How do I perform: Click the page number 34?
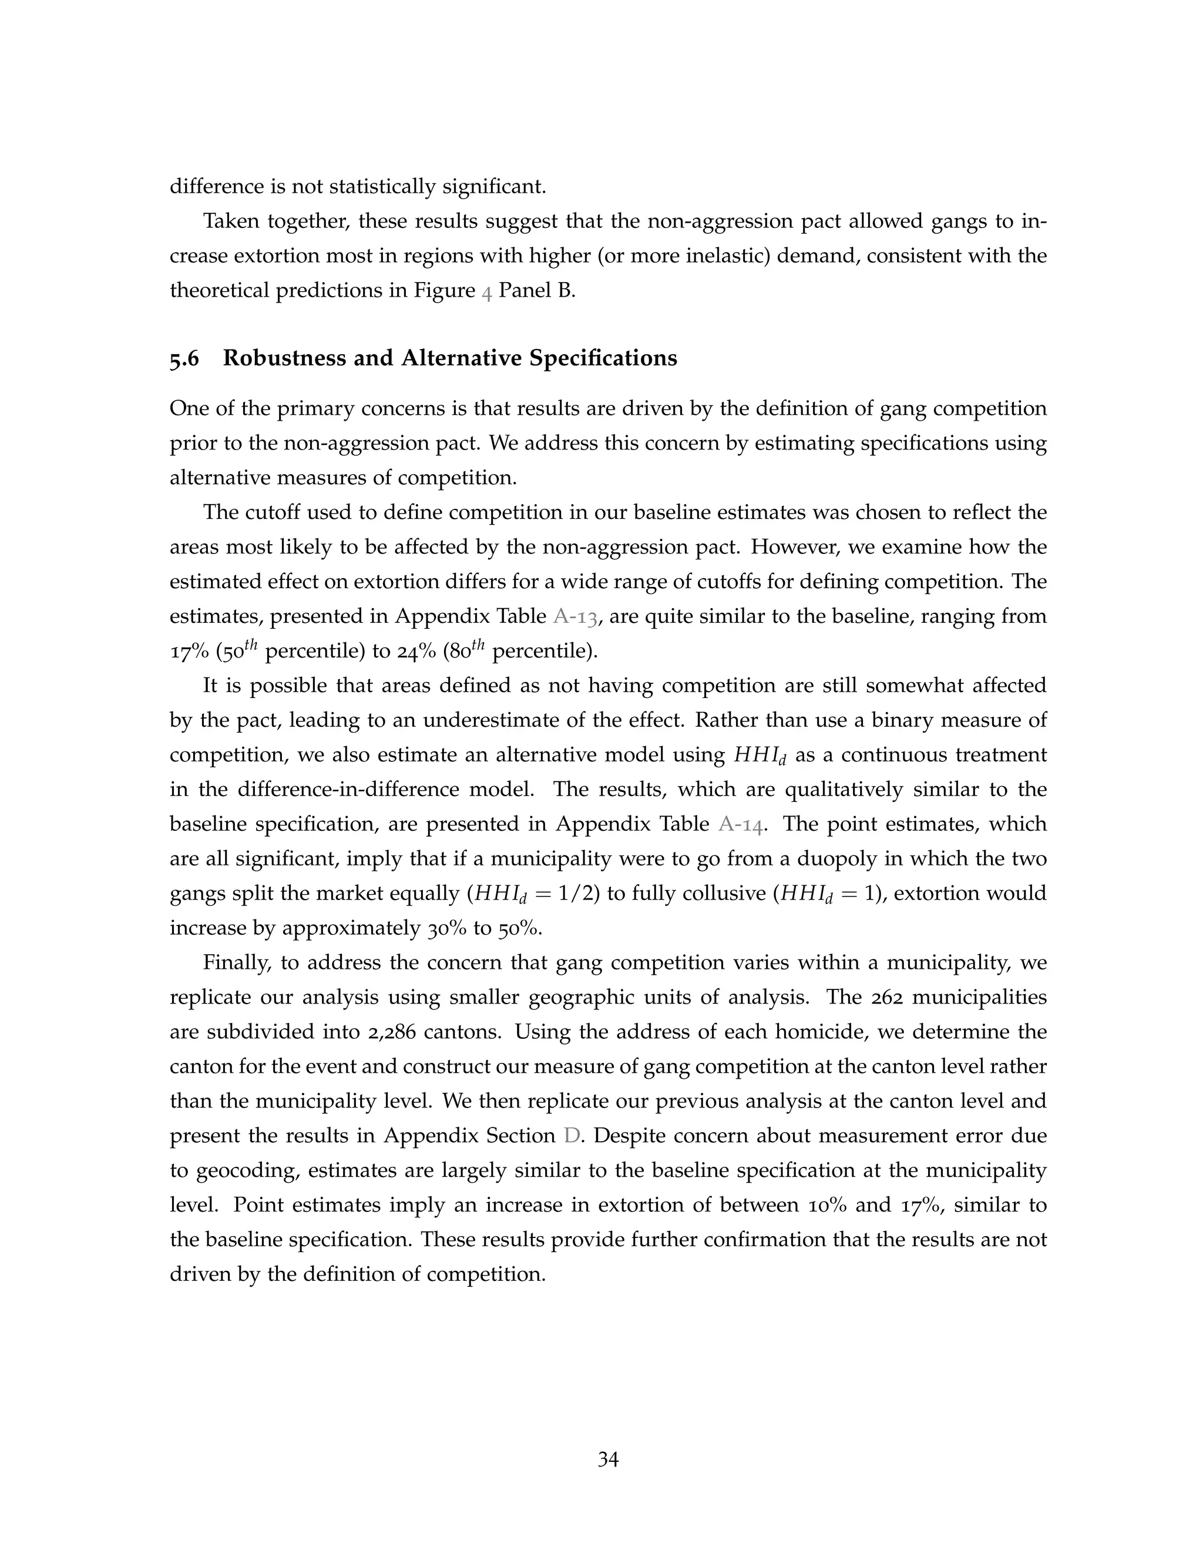pos(608,1459)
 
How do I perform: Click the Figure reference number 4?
pos(487,291)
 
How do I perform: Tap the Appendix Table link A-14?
pos(742,825)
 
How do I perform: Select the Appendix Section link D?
pos(572,1136)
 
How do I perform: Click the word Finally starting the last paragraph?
pos(237,962)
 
